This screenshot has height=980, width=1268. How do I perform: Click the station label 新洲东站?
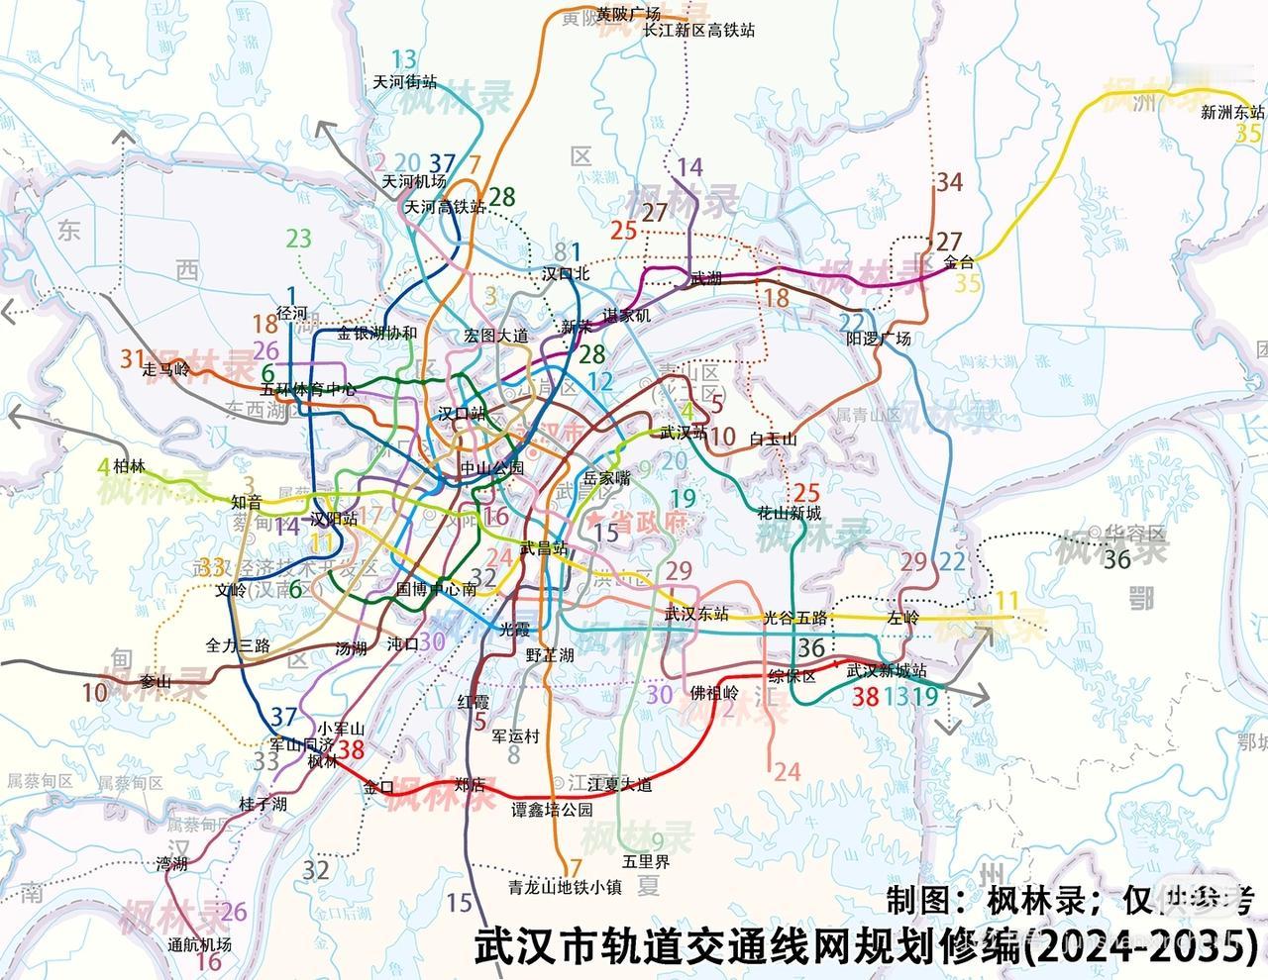click(x=1232, y=112)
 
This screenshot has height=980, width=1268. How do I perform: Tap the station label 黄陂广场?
click(x=628, y=14)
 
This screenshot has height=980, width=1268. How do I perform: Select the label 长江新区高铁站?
click(x=698, y=31)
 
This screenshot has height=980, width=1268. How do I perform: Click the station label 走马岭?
click(x=165, y=369)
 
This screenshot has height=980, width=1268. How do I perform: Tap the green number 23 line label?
click(x=299, y=238)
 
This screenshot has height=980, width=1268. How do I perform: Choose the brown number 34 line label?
click(x=949, y=181)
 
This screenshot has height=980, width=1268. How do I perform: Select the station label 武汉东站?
click(x=697, y=614)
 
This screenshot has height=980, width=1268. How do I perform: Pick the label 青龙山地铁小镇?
click(x=564, y=888)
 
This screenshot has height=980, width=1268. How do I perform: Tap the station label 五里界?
click(x=646, y=861)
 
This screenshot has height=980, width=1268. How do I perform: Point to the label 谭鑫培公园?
click(x=552, y=809)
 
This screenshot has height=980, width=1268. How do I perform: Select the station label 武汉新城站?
click(x=887, y=670)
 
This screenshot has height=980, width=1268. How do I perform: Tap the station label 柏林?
click(x=129, y=465)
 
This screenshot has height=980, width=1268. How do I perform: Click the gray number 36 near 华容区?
click(x=1116, y=559)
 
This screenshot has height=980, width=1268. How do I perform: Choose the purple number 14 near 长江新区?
click(x=690, y=166)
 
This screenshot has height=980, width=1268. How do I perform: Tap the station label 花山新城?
click(x=790, y=513)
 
